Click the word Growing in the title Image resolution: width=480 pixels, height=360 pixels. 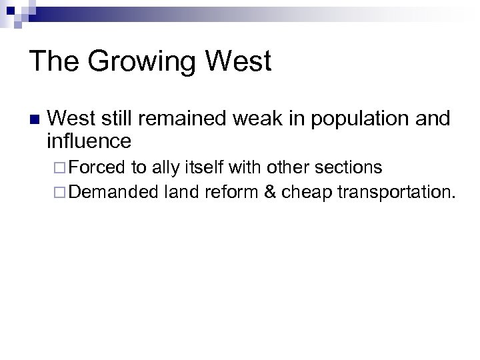[x=141, y=62]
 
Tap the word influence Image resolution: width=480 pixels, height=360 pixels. [x=89, y=141]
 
